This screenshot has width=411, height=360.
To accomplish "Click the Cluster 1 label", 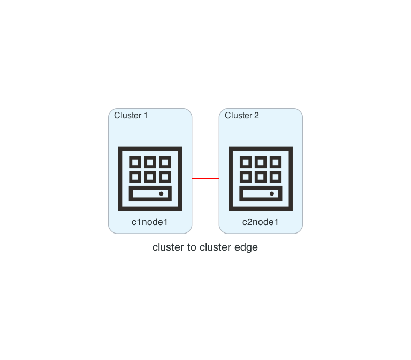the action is [x=131, y=116].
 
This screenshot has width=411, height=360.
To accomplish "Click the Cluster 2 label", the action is [x=242, y=116].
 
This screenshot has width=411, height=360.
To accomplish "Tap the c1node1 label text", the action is [x=150, y=222].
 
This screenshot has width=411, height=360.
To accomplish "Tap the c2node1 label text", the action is [x=261, y=222].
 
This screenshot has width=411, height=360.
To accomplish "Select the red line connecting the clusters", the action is [x=205, y=178].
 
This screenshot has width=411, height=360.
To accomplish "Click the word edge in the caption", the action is [x=247, y=247].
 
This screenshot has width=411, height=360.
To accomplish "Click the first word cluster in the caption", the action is [x=166, y=247].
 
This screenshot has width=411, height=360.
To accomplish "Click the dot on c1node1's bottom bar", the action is [x=161, y=193].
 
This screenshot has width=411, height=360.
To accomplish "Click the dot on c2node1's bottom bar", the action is [x=272, y=193].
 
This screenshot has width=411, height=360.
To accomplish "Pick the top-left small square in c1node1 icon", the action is [x=135, y=162].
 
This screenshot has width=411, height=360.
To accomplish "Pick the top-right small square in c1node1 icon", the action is [x=165, y=162].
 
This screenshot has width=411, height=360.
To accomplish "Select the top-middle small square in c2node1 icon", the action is [x=261, y=162].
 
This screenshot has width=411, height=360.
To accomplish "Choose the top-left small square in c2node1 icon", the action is [x=246, y=162].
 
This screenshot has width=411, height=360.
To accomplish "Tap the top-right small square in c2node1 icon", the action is [x=276, y=162].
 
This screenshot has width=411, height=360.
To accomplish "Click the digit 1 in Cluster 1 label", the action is [x=146, y=116].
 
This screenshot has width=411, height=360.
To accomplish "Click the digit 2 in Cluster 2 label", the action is [x=256, y=116].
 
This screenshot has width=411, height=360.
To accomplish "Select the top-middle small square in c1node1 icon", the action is [x=150, y=162].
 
